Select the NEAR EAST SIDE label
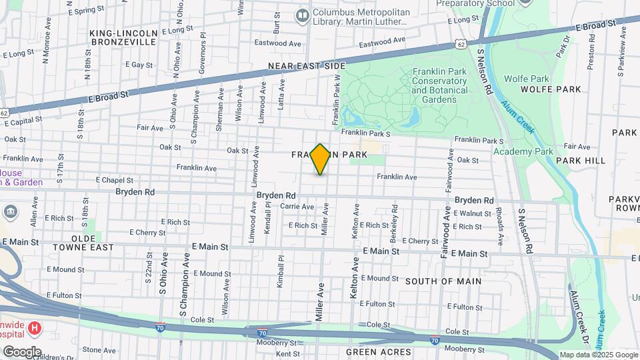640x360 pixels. (x=307, y=66)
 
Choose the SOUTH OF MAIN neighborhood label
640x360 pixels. (x=443, y=281)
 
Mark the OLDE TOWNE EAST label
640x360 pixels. (x=83, y=243)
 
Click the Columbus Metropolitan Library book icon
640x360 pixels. (x=303, y=14)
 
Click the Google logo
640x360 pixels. (x=21, y=351)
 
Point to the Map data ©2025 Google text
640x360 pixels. (x=598, y=355)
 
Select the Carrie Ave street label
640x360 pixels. (x=297, y=207)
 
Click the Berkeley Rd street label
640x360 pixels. (x=395, y=227)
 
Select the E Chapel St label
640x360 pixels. (x=115, y=180)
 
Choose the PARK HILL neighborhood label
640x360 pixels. (x=581, y=161)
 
